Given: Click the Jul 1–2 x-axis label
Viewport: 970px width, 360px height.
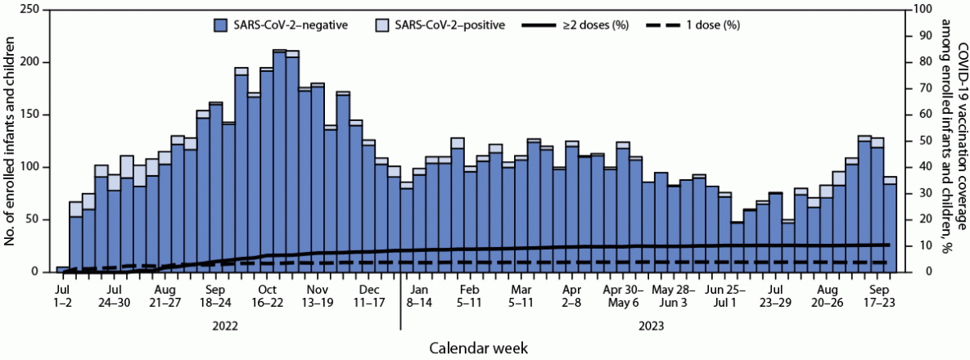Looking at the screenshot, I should click(x=63, y=296).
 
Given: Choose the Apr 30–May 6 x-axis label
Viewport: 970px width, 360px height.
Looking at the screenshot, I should click(x=622, y=296).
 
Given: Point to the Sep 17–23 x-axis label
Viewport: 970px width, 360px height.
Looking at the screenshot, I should click(x=879, y=296).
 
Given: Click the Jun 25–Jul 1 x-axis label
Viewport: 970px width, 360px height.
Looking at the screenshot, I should click(x=727, y=296).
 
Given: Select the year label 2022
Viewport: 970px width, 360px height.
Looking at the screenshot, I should click(x=224, y=325).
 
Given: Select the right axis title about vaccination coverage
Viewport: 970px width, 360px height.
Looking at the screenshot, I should click(x=953, y=139).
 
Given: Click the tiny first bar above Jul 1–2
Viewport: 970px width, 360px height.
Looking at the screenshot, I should click(x=63, y=269).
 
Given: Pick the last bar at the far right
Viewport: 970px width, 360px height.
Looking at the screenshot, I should click(x=890, y=225).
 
